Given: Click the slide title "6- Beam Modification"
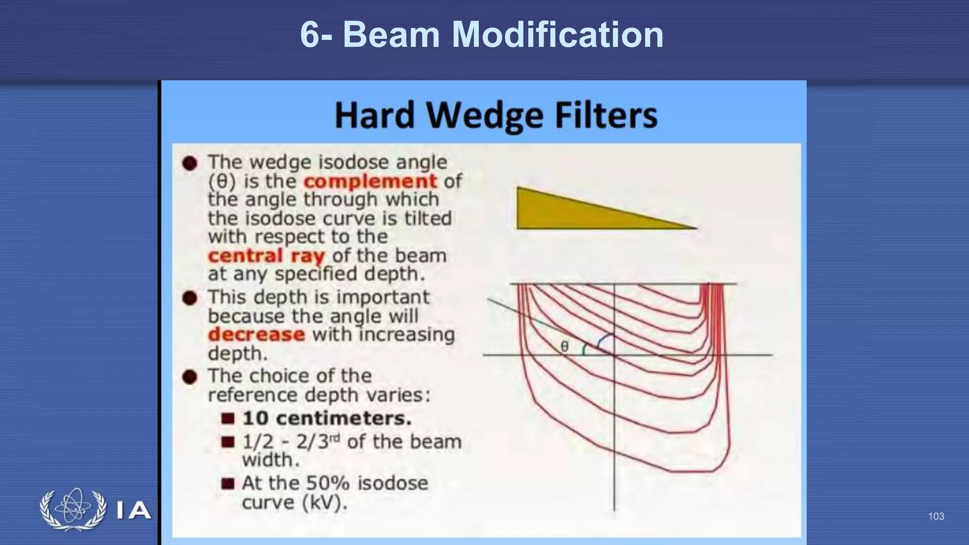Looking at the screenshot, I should point(482,35).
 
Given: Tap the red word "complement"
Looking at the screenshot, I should point(370,181).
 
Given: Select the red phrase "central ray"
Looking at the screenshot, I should point(266,256).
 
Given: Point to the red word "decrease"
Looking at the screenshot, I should point(256,334).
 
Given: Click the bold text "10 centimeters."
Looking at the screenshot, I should point(326,418).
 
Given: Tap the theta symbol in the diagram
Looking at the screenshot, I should point(564,347).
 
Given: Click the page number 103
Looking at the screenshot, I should point(936,516).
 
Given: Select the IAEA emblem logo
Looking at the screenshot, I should point(73,509).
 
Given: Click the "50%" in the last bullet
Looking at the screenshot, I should point(328,483).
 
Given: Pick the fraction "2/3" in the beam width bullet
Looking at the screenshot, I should point(312,442).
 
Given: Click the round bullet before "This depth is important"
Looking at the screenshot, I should point(190,298).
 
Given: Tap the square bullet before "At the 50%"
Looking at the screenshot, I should point(228,483).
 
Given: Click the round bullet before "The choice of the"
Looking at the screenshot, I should point(190,377).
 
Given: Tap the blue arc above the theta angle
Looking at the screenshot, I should point(606,337).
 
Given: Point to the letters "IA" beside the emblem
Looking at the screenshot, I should point(133,510).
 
